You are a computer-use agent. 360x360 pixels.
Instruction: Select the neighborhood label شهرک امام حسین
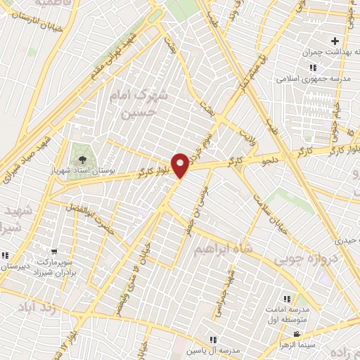point(143,102)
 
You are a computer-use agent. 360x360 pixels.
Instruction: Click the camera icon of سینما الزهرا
point(297,334)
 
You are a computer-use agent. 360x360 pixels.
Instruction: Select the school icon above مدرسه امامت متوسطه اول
point(285,299)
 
